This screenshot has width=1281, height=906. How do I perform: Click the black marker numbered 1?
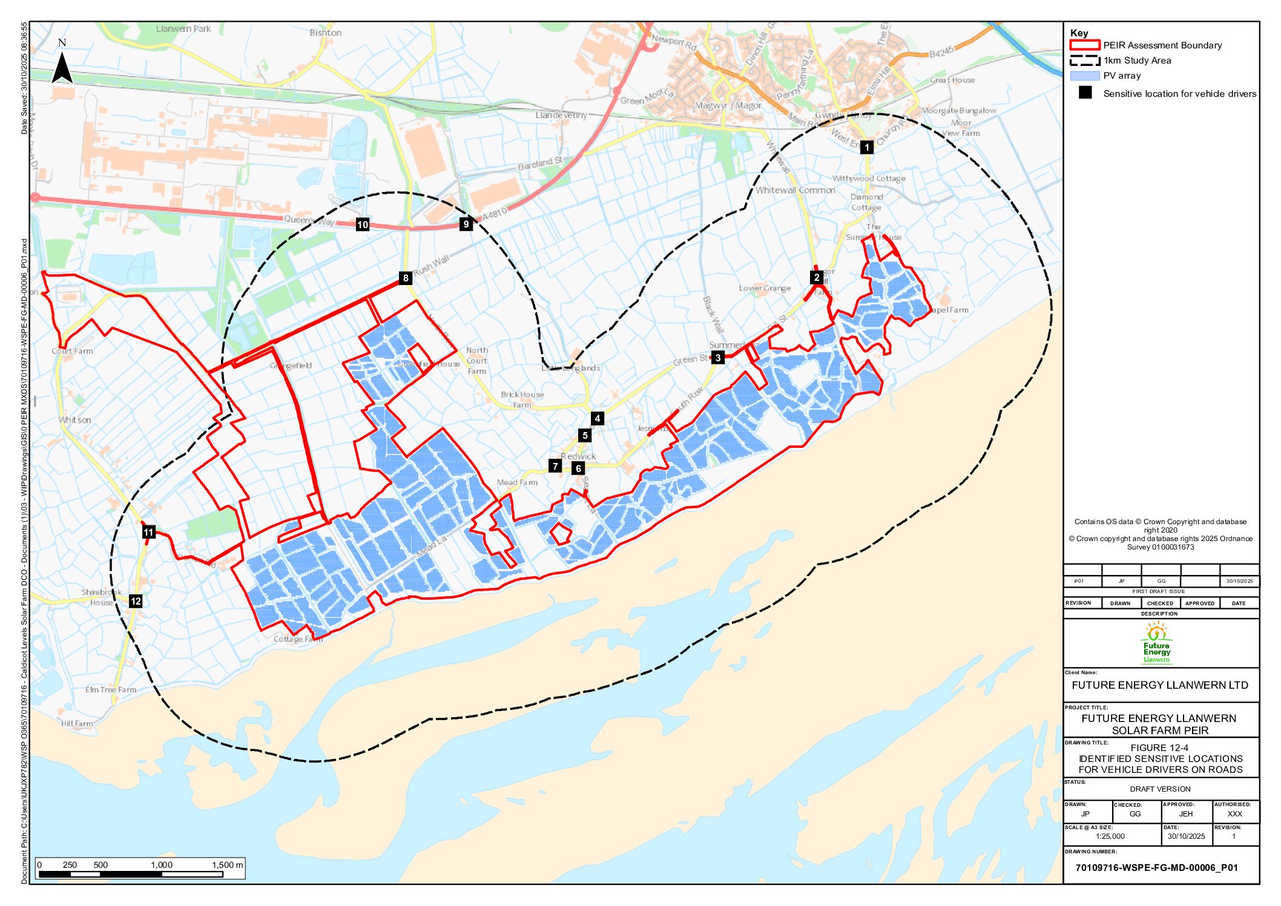coord(866,147)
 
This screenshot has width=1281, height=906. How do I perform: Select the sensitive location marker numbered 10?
coord(362,225)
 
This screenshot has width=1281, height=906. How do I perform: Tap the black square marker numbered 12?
coord(136,601)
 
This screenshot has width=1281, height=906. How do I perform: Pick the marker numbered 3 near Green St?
coord(717,357)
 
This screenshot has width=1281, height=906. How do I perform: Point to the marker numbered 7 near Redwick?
coord(555,466)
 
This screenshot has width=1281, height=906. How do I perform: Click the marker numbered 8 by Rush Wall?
coord(406,278)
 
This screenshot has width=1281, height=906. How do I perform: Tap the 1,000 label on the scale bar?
coord(162,865)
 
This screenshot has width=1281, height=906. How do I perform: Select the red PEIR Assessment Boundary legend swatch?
coord(1084,45)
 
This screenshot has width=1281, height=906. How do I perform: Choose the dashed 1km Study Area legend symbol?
coord(1084,61)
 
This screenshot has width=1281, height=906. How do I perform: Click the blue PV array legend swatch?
coord(1084,76)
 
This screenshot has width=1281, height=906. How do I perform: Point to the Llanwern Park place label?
coord(183,28)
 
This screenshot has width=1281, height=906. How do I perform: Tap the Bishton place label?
coord(325,33)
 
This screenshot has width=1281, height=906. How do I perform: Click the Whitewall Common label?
coord(795,190)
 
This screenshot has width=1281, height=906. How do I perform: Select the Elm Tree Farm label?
coord(110,689)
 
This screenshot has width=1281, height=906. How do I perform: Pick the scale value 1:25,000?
coord(1110,836)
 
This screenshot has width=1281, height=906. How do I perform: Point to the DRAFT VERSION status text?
coord(1160,789)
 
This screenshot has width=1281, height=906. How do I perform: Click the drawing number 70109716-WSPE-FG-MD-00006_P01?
coord(1156,867)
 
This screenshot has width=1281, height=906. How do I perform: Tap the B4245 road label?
coord(941,53)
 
